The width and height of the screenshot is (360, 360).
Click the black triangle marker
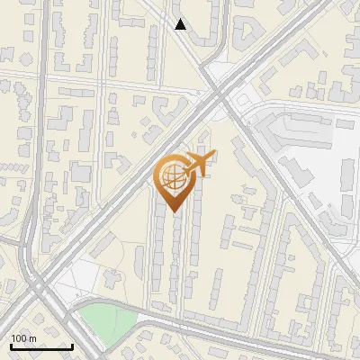[181, 24]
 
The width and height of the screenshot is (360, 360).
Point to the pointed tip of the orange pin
[173, 212]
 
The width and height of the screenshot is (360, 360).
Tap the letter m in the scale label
[32, 338]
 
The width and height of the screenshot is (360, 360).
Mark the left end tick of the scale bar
[10, 346]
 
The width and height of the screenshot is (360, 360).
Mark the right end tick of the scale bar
[72, 346]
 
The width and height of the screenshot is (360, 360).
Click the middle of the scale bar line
[40, 347]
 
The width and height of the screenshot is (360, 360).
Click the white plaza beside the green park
[76, 283]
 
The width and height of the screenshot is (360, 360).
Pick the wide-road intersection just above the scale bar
[40, 292]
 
